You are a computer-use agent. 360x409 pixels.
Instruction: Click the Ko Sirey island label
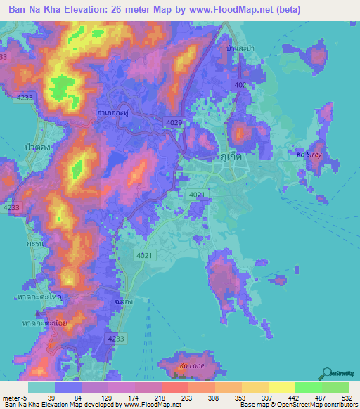click(308, 153)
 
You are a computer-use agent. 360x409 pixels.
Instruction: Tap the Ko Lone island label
click(191, 366)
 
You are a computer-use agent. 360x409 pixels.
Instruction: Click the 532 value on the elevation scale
click(347, 398)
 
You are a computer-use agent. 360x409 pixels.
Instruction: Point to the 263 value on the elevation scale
click(189, 398)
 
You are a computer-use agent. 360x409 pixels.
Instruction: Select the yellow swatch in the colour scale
click(282, 387)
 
